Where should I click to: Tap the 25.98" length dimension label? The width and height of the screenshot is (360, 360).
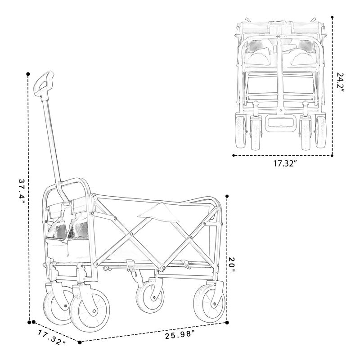click(180, 334)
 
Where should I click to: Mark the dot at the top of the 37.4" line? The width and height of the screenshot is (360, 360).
click(28, 73)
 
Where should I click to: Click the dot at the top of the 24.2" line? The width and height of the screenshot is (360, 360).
click(333, 18)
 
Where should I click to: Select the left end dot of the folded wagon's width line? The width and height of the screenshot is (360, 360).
click(234, 156)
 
